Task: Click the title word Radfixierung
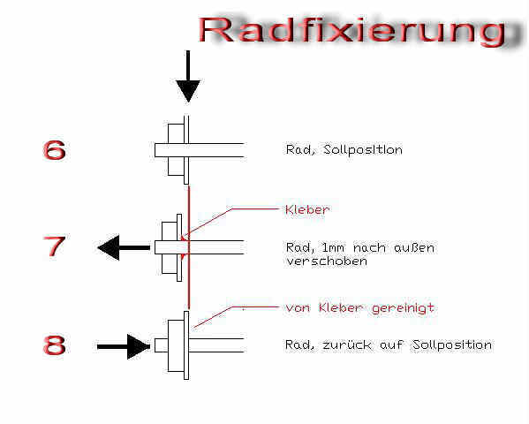coord(352,31)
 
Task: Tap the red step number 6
coord(54,149)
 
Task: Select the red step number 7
coord(54,246)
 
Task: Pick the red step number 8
coord(55,344)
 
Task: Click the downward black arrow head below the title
coord(188,91)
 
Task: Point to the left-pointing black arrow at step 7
coord(124,248)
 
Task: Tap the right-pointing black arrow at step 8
coord(124,346)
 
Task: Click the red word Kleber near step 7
coord(307,209)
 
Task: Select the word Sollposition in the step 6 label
coord(363,149)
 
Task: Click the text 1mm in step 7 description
coord(333,248)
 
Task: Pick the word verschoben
coord(326,261)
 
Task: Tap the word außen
coord(414,247)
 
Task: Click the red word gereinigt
coord(403,308)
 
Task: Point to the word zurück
coord(347,345)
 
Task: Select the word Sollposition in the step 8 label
coord(452,345)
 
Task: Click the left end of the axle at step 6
coord(155,150)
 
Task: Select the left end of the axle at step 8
coord(155,345)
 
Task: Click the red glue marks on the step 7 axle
coord(185,248)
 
